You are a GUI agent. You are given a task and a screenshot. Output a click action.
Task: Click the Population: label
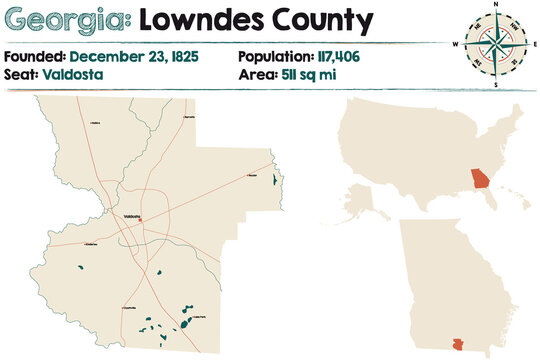[x=274, y=57]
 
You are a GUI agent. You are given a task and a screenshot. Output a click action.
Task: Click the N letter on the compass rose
[x=495, y=6]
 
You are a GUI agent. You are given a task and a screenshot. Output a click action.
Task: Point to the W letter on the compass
[x=455, y=45]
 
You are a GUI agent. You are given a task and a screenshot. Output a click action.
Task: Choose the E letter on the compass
[x=534, y=45]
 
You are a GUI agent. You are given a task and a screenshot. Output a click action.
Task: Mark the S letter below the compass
[x=495, y=85]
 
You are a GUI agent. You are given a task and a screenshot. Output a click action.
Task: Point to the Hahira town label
[x=97, y=122]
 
